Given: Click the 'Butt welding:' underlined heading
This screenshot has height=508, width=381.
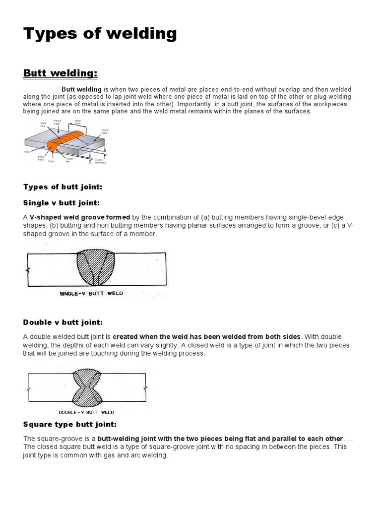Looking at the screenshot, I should [61, 73].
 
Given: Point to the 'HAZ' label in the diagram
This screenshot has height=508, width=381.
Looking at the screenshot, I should [26, 152].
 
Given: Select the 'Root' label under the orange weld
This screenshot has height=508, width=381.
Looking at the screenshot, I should [51, 161].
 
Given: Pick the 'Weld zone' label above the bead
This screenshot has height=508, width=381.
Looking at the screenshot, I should [78, 122].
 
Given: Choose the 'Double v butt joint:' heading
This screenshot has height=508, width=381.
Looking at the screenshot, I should [63, 322].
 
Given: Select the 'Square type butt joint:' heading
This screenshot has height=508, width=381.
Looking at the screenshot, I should [70, 424].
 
